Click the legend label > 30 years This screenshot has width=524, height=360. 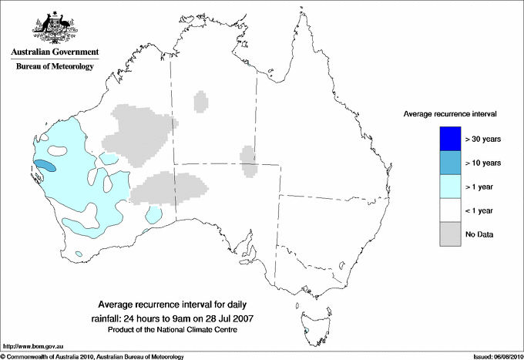pyautogui.click(x=483, y=139)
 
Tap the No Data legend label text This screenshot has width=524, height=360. pyautogui.click(x=479, y=234)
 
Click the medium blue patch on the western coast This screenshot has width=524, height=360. pyautogui.click(x=46, y=165)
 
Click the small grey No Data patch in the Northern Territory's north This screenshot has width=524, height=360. pyautogui.click(x=202, y=101)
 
